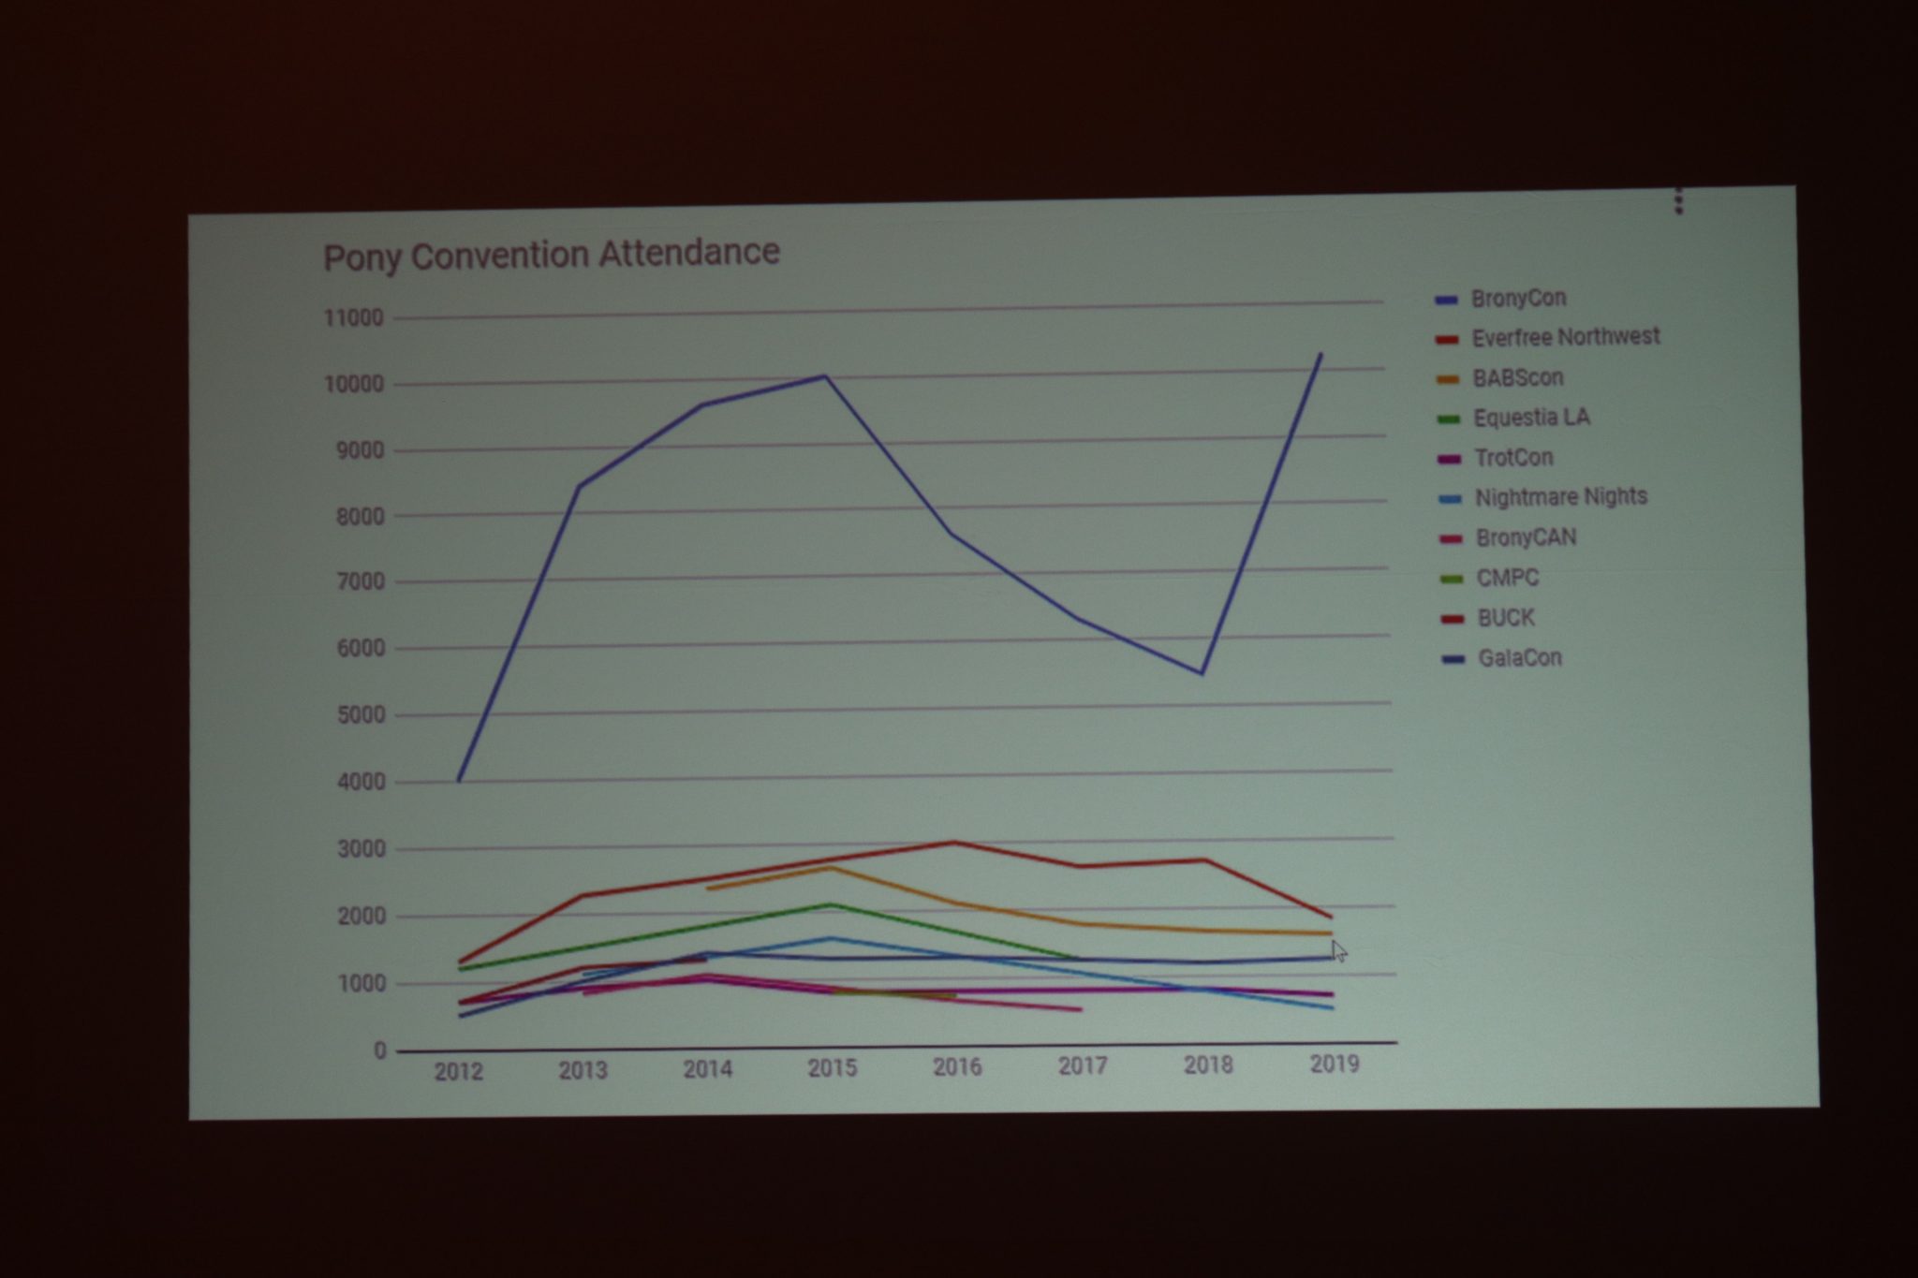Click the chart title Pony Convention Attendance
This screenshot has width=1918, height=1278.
[x=552, y=254]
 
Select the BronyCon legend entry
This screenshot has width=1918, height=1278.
[x=1500, y=299]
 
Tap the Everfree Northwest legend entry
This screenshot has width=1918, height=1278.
[x=1548, y=337]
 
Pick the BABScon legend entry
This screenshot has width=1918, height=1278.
[x=1500, y=378]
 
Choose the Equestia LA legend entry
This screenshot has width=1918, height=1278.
[x=1514, y=418]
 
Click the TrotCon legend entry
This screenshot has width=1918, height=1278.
[x=1497, y=458]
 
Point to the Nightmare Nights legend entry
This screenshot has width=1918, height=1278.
[x=1543, y=497]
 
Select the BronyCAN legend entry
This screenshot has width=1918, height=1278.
[x=1509, y=538]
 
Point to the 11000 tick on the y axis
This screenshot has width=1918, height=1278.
[x=354, y=318]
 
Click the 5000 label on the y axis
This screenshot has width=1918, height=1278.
[x=360, y=715]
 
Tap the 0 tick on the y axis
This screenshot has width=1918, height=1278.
[x=379, y=1051]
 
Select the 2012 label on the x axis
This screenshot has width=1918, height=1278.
[x=458, y=1072]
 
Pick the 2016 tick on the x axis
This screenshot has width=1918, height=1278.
[x=957, y=1067]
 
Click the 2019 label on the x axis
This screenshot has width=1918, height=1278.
[x=1334, y=1064]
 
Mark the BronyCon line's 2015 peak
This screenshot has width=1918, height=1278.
[x=825, y=376]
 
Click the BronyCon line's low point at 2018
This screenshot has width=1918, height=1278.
[x=1202, y=673]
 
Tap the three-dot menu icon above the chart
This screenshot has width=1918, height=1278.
[x=1678, y=200]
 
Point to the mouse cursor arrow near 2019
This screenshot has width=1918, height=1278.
[x=1339, y=951]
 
